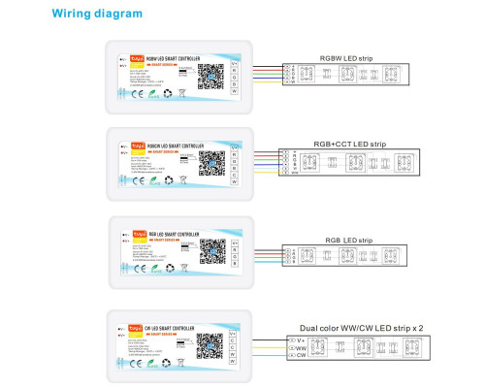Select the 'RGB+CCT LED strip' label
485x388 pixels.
tap(347, 144)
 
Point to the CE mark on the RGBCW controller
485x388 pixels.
tap(133, 181)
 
